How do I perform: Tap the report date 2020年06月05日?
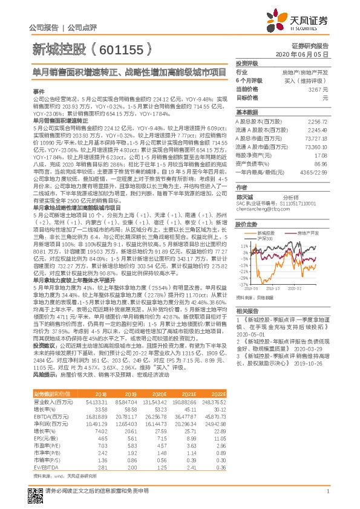(310, 54)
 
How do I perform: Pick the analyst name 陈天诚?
(245, 197)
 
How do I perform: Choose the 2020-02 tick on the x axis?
(296, 288)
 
